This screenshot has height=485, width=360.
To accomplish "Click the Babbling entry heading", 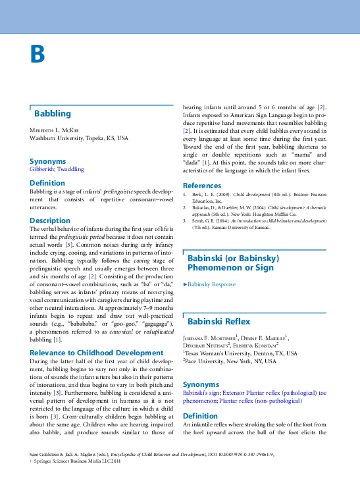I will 53,114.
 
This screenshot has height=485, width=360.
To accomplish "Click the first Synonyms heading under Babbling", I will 47,161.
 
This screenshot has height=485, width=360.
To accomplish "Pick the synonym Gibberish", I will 41,169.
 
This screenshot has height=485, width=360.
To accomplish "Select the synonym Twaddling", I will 70,169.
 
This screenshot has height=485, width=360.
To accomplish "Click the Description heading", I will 49,220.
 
